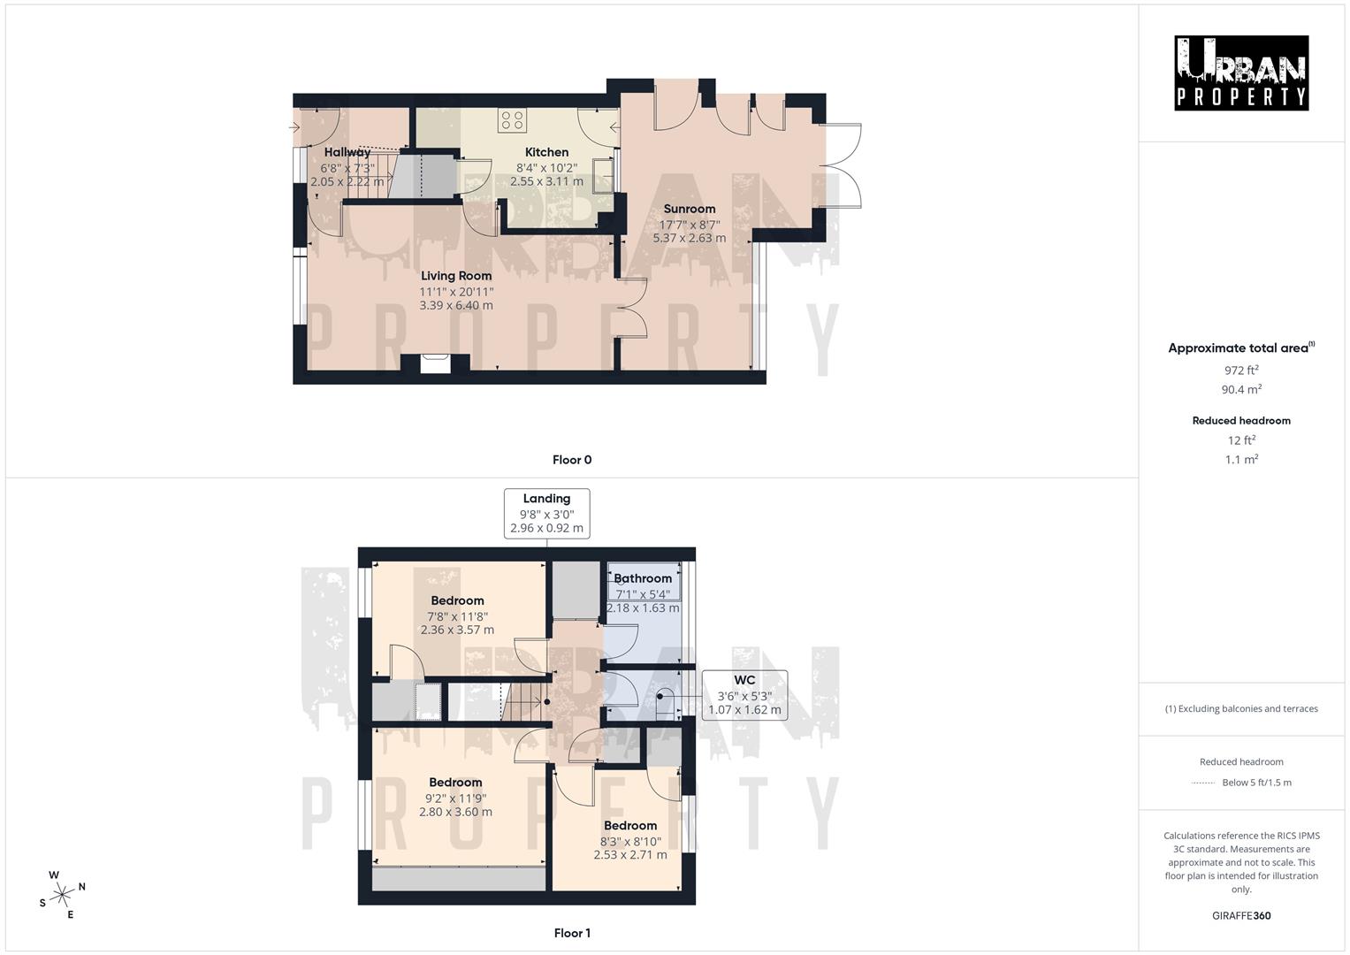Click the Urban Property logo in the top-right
1240,73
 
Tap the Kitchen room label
546,152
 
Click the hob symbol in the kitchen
512,120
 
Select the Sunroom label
690,209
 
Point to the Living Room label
456,276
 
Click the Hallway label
347,152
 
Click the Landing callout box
546,513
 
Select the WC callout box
744,694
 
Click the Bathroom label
643,578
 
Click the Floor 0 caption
572,460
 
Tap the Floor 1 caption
572,933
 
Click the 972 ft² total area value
1241,371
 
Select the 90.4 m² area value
1241,389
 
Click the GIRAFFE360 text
1241,915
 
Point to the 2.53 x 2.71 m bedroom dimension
630,855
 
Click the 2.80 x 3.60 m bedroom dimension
455,812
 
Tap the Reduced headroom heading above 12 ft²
1241,421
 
